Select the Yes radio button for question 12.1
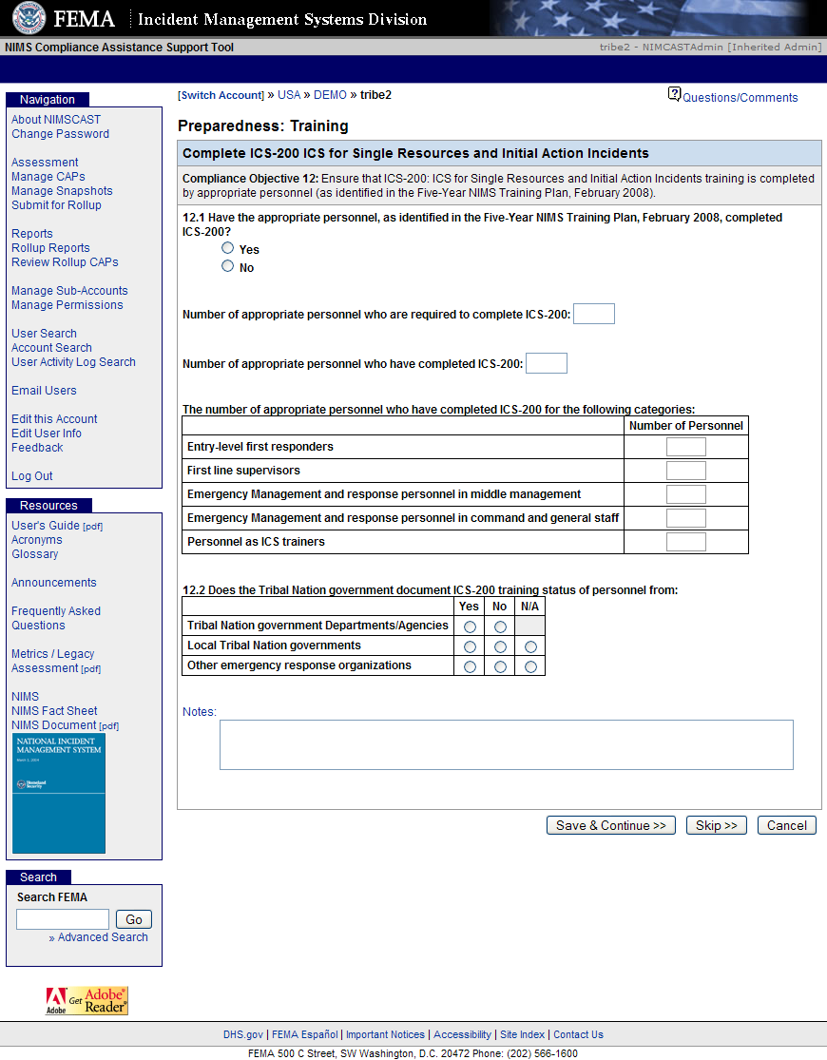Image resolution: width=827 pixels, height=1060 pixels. [227, 248]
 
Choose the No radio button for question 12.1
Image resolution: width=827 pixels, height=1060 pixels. [227, 266]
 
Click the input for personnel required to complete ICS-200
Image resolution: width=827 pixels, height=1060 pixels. [594, 314]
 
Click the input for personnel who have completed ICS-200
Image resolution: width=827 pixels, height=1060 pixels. [547, 363]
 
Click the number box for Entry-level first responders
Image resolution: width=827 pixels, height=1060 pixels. [686, 447]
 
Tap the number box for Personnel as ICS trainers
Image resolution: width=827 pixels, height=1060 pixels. [686, 542]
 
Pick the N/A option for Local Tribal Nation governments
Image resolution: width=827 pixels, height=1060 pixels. [530, 646]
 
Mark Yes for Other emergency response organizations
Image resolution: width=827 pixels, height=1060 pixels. [470, 666]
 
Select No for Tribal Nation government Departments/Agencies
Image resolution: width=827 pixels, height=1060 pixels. [500, 626]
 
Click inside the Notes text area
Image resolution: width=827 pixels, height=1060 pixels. [506, 744]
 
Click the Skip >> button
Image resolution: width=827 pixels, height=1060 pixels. [717, 825]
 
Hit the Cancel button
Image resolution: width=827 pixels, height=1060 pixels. [787, 825]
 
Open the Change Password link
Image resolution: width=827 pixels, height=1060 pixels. [60, 134]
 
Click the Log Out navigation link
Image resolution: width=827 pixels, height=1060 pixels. [32, 476]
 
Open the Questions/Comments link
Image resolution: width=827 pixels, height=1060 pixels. [740, 97]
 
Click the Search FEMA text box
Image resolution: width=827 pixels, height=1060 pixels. [63, 919]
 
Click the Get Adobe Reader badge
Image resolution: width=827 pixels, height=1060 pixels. [87, 1000]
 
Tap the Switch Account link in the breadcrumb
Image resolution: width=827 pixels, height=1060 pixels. [221, 95]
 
